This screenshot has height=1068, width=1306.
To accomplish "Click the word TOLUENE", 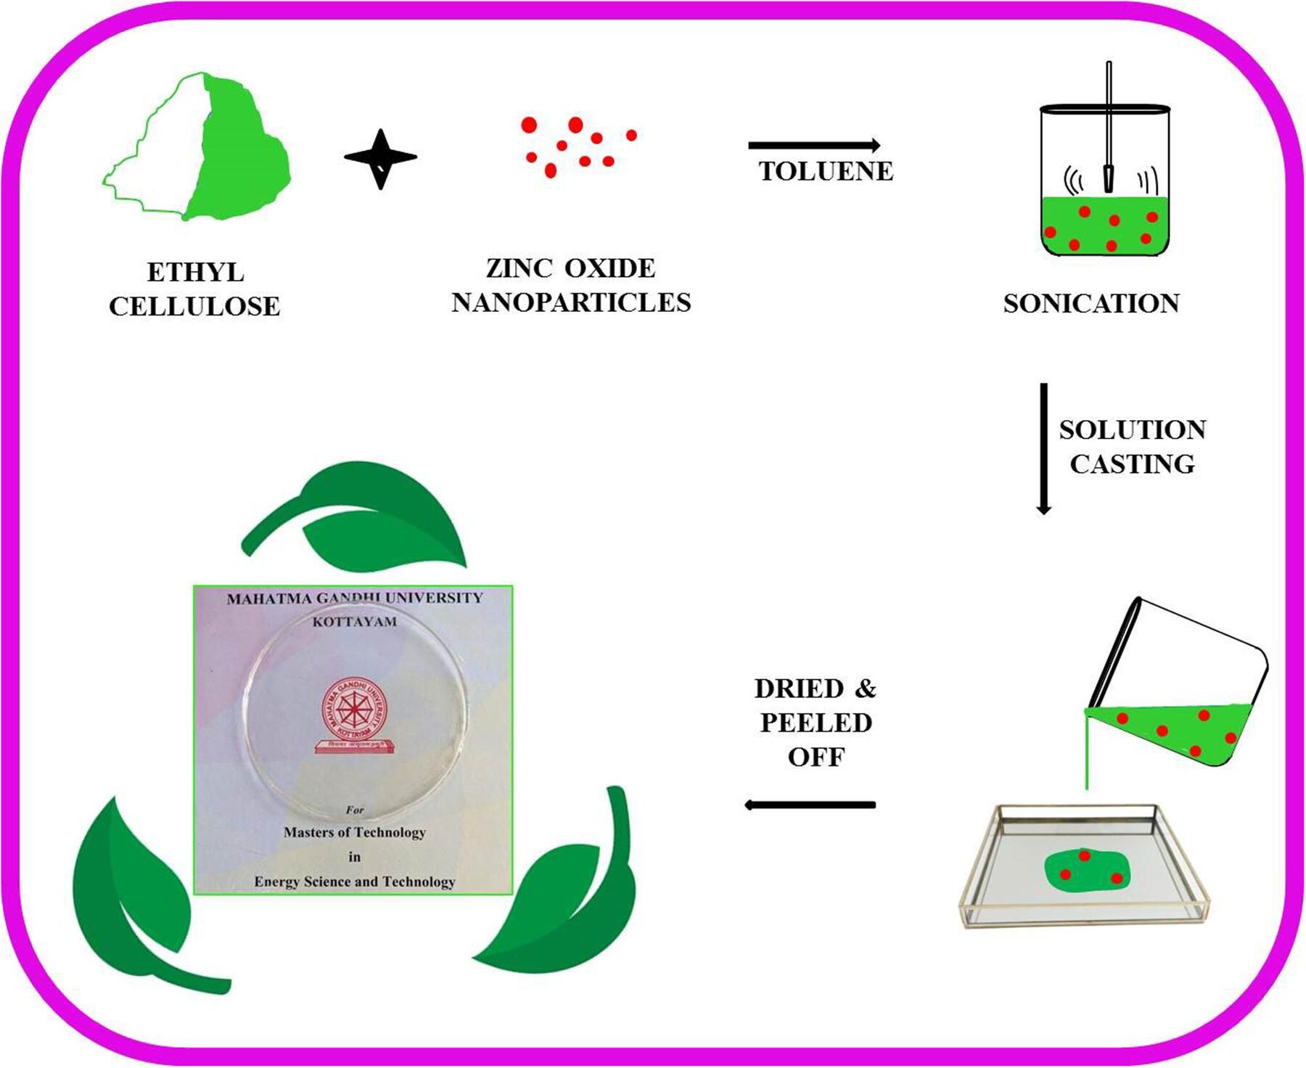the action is [x=826, y=171].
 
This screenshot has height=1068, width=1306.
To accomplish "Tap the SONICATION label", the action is [x=1091, y=303].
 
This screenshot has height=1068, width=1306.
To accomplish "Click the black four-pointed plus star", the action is [x=380, y=158].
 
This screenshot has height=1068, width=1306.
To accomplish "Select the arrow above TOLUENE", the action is [x=813, y=145].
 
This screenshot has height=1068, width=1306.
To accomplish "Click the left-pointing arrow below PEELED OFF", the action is [x=810, y=804].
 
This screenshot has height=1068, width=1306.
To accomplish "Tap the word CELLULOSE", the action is [x=194, y=306].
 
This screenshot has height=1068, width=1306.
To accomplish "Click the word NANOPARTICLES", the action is [x=571, y=303].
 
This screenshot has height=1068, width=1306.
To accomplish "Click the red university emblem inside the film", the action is [x=355, y=715].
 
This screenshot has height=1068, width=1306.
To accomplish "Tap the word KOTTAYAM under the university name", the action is [x=355, y=622].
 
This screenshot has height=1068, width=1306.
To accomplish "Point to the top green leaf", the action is [x=363, y=515].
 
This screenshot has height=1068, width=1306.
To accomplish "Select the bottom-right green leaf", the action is [x=573, y=907].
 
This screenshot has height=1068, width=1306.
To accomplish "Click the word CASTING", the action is [x=1132, y=464].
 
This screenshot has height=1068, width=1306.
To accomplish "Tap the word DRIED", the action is [x=799, y=689].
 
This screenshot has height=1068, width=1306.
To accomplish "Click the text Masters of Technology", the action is [x=355, y=832].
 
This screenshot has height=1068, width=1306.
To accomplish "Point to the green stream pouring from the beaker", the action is [x=1086, y=755].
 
